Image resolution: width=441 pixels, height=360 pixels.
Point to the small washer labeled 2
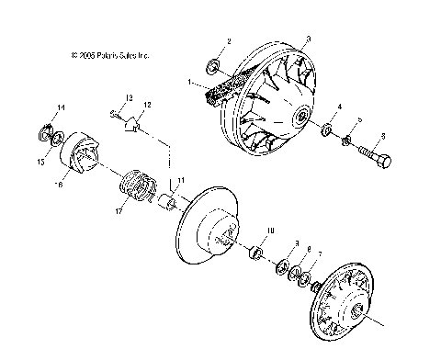coord(214,65)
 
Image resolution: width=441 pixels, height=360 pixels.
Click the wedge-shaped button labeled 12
coord(133,123)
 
